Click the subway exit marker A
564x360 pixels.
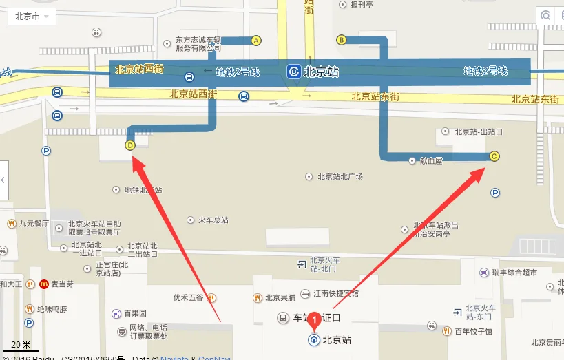[x=256, y=41]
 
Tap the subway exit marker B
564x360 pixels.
[x=341, y=39]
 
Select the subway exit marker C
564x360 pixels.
[x=494, y=156]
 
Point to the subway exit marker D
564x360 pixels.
[x=129, y=145]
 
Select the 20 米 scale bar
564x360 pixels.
[x=21, y=346]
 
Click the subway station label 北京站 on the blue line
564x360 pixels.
[x=320, y=72]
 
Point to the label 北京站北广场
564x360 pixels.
[x=340, y=176]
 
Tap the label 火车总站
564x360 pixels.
[x=213, y=220]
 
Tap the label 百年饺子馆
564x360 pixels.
[x=472, y=332]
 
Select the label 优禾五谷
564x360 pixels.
[x=188, y=298]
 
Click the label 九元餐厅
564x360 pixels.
[x=34, y=224]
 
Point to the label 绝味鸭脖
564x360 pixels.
[x=52, y=309]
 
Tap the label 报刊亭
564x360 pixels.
[x=361, y=4]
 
